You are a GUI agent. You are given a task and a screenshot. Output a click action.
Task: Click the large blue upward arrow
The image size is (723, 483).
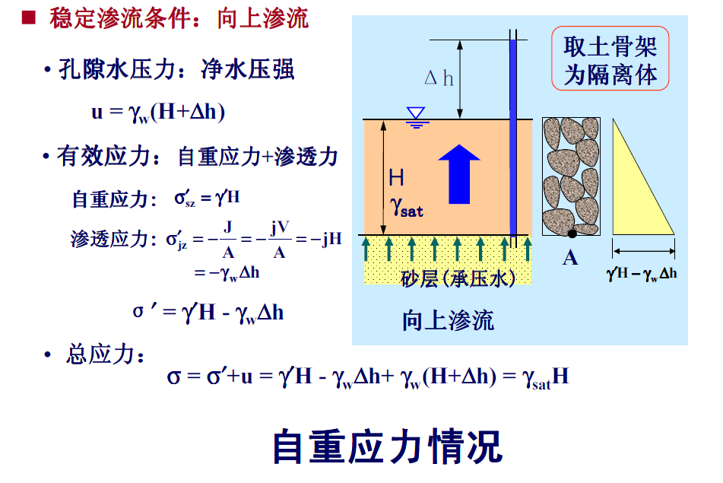tap(459, 174)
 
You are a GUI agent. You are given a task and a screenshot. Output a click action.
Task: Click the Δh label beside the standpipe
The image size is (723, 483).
tap(439, 78)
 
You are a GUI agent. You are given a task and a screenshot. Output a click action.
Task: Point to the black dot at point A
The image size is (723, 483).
tap(571, 233)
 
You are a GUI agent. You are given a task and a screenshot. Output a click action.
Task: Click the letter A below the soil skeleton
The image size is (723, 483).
tap(570, 258)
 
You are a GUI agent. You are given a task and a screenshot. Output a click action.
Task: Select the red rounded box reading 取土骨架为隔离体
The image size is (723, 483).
tap(610, 59)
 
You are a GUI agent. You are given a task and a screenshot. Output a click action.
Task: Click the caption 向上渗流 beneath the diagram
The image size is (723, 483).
tap(448, 320)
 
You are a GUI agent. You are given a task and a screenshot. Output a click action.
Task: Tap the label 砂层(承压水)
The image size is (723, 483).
tap(458, 278)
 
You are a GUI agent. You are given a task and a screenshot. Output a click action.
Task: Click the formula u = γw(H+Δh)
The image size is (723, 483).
tap(158, 113)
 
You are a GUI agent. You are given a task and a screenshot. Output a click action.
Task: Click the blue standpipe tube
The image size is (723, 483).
tap(513, 137)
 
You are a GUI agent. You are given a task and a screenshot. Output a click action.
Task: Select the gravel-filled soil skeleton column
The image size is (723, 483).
tap(571, 176)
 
